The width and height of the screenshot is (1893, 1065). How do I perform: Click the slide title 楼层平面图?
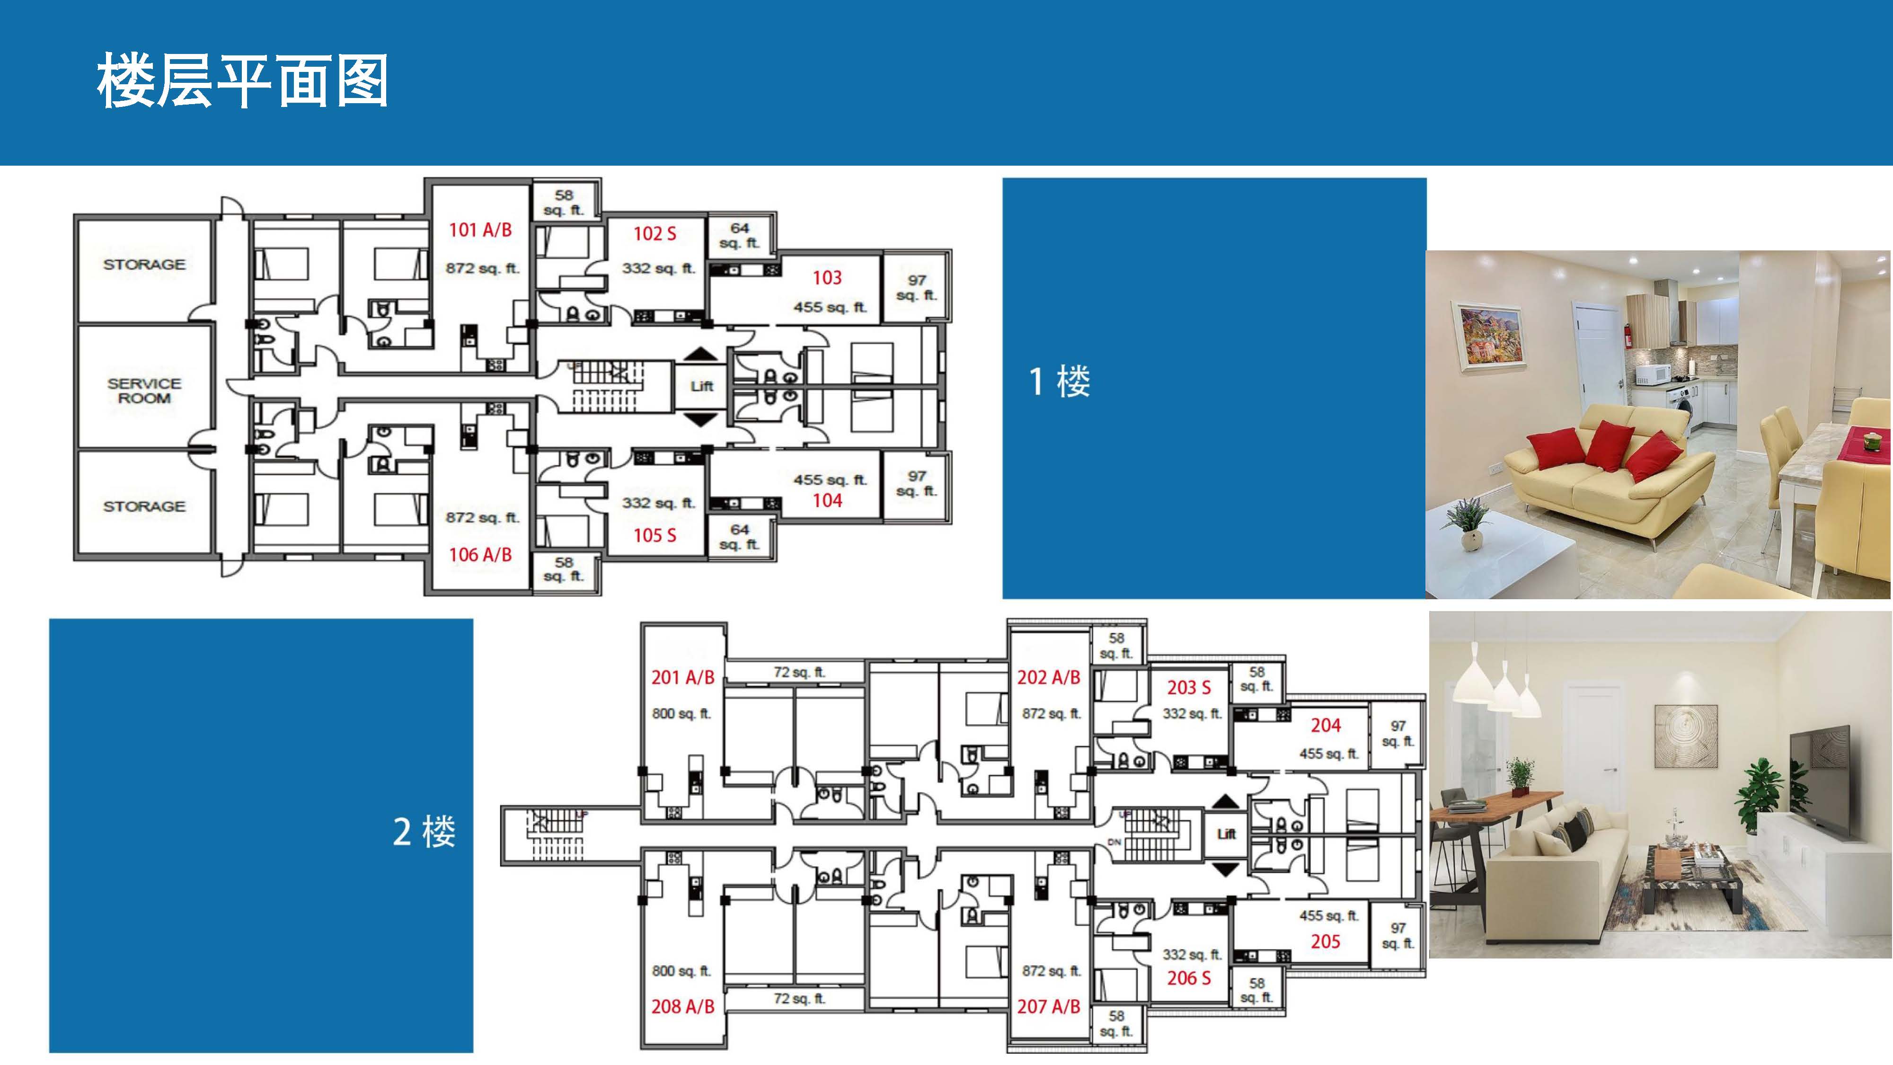point(242,81)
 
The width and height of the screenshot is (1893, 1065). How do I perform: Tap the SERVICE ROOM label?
point(144,390)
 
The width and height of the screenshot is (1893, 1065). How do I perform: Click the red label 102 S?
point(655,234)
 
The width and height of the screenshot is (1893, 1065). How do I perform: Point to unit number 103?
point(827,278)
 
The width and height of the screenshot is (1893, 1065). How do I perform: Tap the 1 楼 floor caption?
point(1059,382)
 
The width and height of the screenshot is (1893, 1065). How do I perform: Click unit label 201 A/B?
point(683,678)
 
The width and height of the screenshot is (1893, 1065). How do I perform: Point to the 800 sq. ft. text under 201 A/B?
point(681,714)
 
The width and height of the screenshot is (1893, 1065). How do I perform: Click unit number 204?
point(1326,726)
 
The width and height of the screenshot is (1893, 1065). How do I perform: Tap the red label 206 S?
point(1188,978)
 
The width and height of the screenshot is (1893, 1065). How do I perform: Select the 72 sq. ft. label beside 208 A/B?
point(799,998)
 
